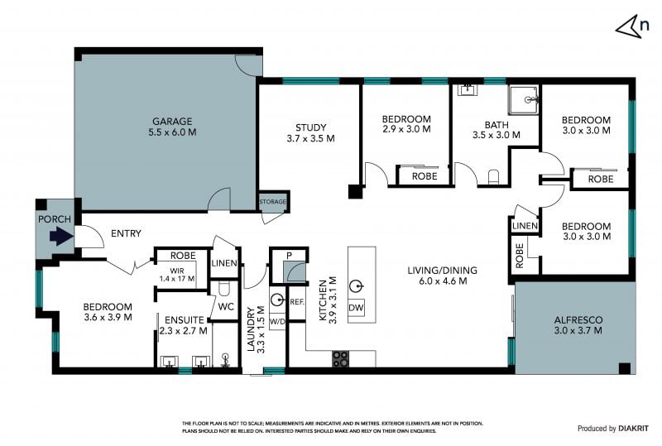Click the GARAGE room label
pos(172,122)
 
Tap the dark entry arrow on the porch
pos(61,236)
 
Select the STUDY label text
pos(311,127)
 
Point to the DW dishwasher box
pos(356,308)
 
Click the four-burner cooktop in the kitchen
pos(340,359)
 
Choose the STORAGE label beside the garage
pos(273,201)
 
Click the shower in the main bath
pos(524,100)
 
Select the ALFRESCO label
pos(578,320)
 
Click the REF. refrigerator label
pos(297,302)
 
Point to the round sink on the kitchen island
pos(357,287)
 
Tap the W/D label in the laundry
pos(277,321)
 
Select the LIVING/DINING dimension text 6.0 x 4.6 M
pos(443,281)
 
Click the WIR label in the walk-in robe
pos(177,271)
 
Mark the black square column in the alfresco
pos(625,368)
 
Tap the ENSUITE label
pos(184,320)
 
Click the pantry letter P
pos(289,256)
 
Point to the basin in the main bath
pos(468,90)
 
